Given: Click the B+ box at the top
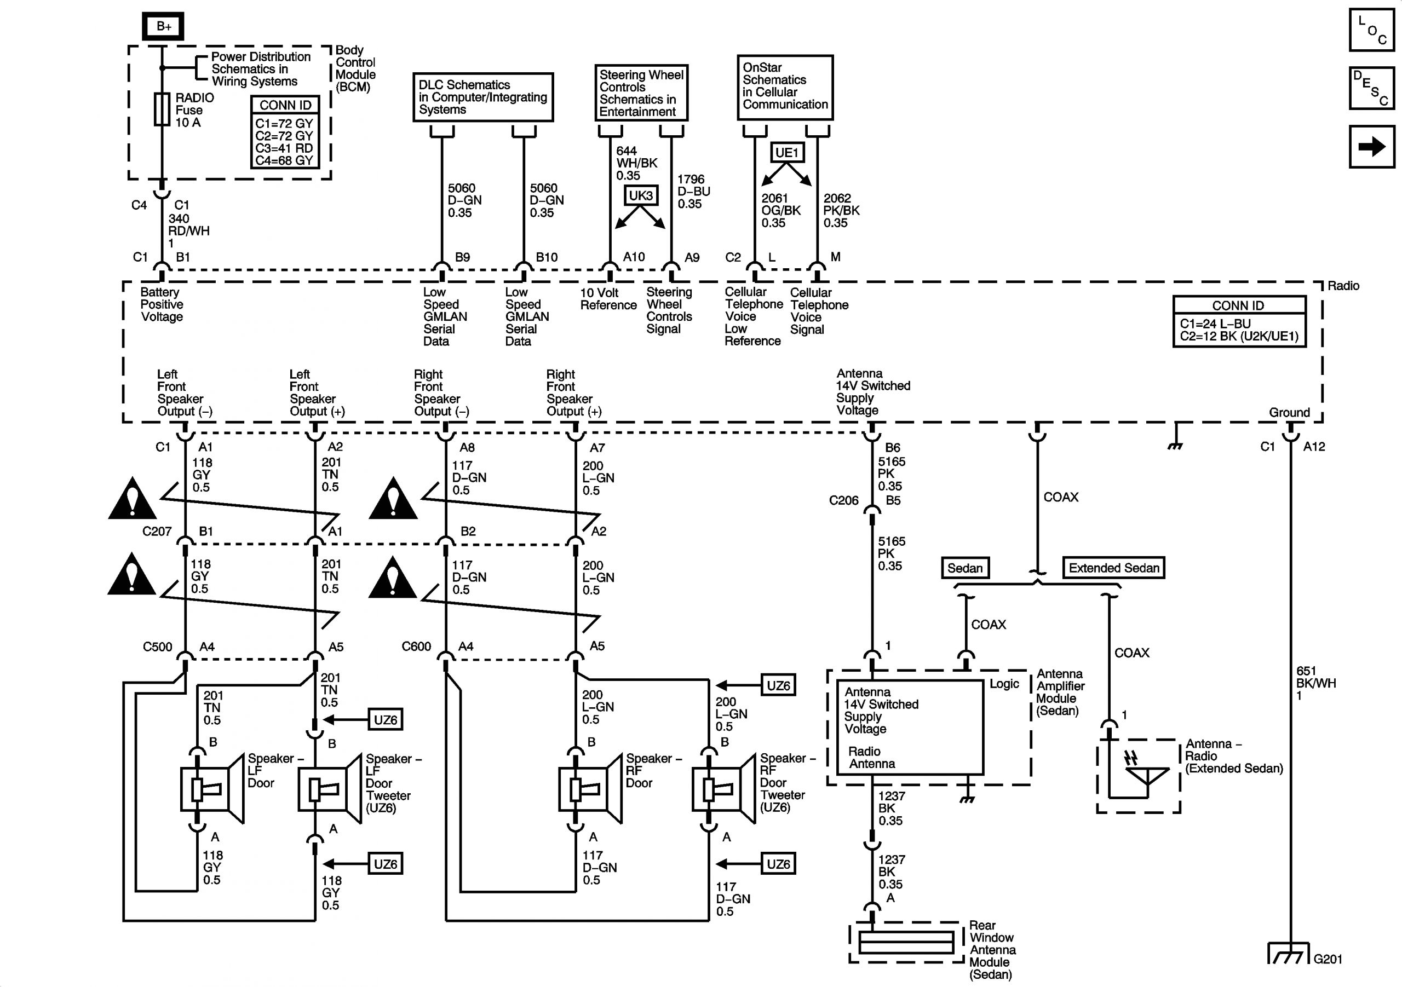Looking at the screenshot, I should click(163, 26).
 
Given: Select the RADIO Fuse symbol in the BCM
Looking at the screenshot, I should click(162, 110).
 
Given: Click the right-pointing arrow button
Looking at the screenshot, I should click(1371, 147).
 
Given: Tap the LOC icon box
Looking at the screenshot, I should click(1371, 30).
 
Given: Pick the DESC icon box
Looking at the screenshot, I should click(1371, 88).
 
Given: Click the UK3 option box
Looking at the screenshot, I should click(641, 195).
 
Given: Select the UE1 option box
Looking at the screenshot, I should click(786, 153).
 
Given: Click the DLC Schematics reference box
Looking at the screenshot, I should click(482, 97).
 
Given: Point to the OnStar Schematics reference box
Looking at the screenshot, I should click(785, 87).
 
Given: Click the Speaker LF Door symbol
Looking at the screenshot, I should click(211, 789).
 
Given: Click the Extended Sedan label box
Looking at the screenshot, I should click(1113, 568).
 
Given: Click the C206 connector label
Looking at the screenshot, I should click(843, 500).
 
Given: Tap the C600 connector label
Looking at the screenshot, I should click(416, 647).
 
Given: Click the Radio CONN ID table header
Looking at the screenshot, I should click(1238, 305).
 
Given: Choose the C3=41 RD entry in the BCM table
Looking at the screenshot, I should click(284, 148).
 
